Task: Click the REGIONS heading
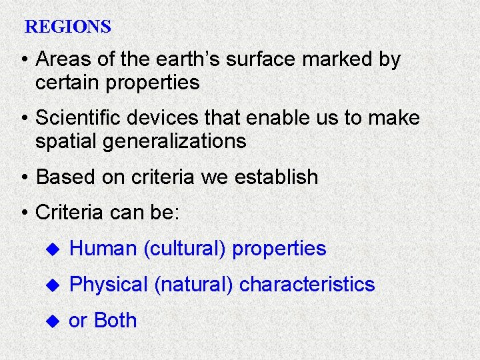click(x=67, y=27)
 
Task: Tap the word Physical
click(x=108, y=285)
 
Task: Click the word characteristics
click(x=307, y=285)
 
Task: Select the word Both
click(x=115, y=321)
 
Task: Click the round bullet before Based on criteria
click(x=25, y=178)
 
